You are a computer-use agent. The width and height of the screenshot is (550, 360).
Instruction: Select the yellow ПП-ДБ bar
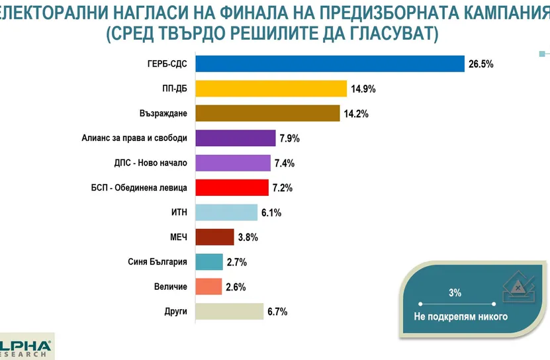(269, 89)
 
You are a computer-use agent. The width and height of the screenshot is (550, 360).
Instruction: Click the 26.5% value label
(481, 64)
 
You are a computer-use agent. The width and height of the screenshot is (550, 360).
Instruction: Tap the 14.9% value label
(364, 89)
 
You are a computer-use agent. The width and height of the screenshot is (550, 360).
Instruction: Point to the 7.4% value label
(285, 163)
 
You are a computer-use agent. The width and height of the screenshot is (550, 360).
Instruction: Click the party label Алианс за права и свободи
(134, 138)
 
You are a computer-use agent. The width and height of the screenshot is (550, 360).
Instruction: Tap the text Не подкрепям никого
(461, 316)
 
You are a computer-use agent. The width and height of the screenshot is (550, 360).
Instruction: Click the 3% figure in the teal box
(455, 292)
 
